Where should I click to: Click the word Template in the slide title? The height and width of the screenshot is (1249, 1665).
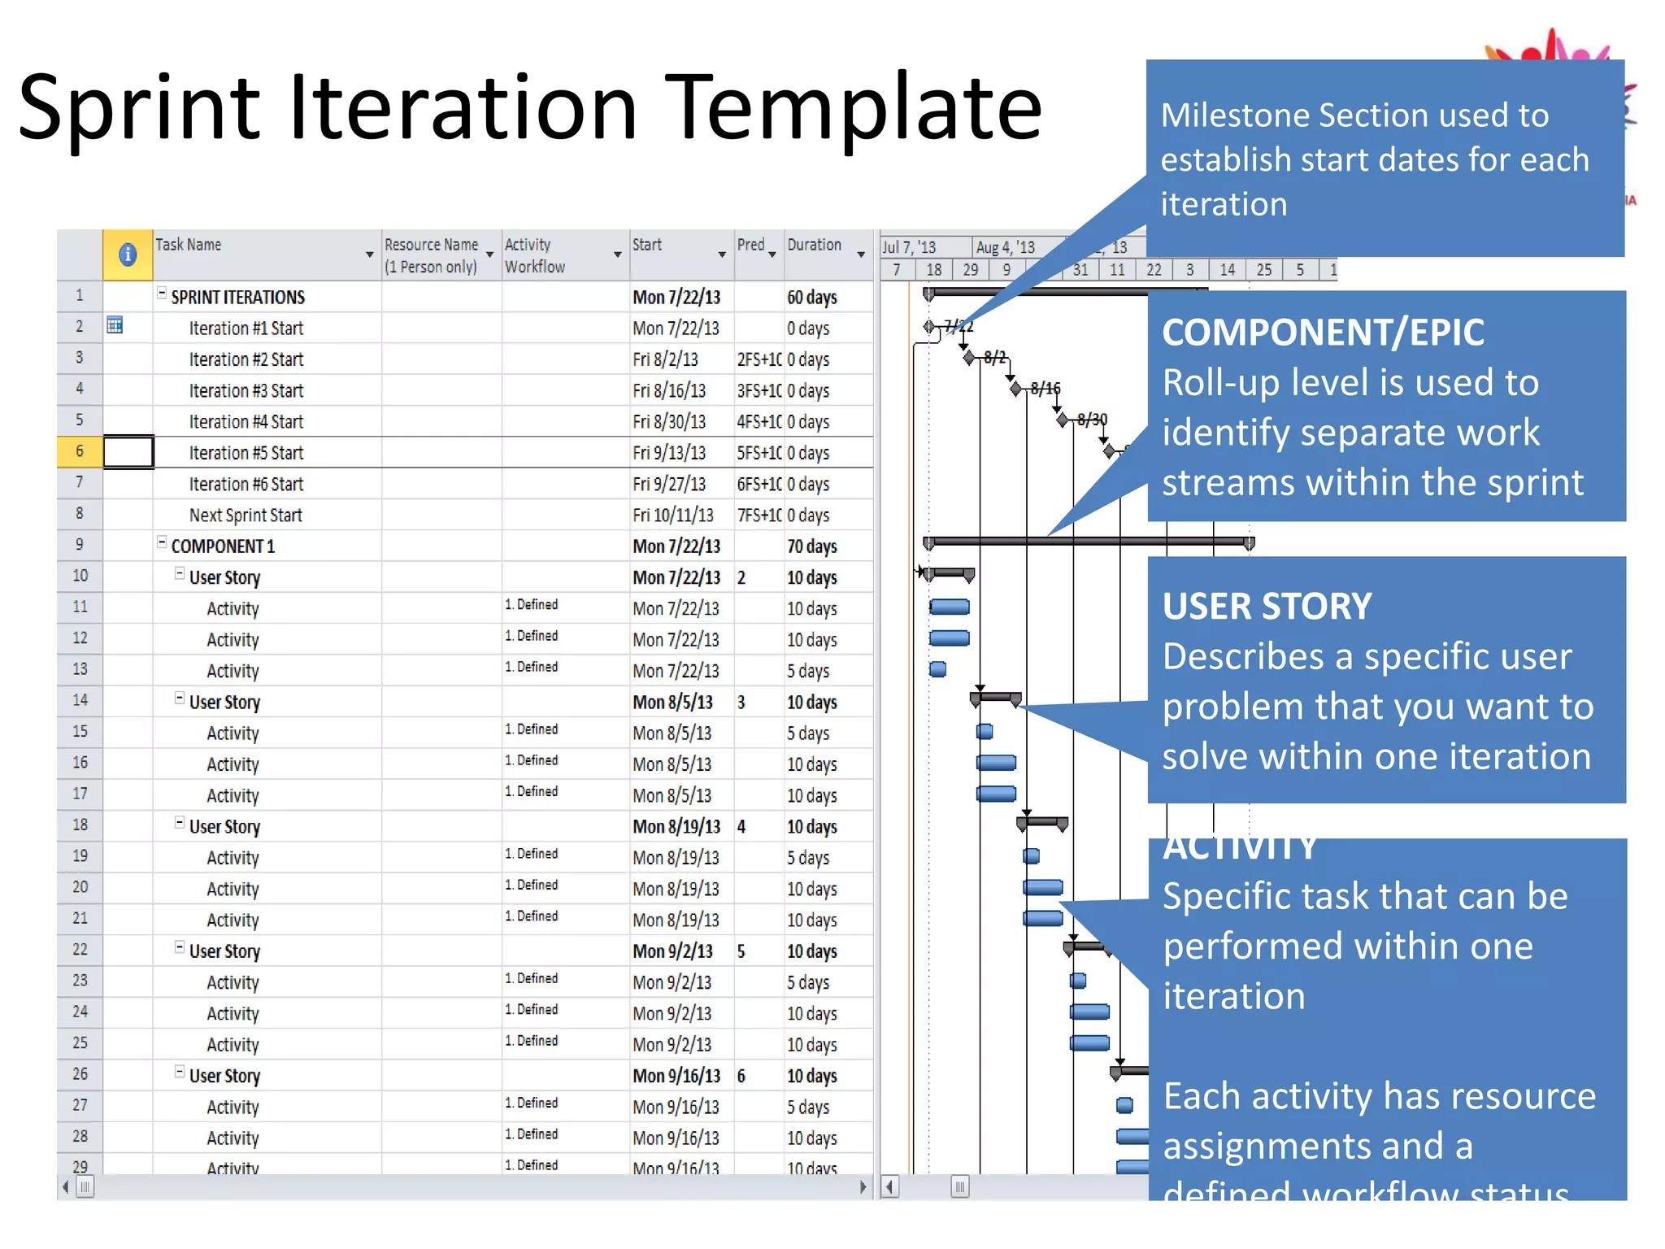pyautogui.click(x=853, y=108)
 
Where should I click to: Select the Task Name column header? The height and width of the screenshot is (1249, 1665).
pyautogui.click(x=189, y=245)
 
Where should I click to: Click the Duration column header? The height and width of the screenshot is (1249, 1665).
pyautogui.click(x=814, y=245)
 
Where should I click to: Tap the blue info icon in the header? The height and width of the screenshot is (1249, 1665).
pyautogui.click(x=128, y=255)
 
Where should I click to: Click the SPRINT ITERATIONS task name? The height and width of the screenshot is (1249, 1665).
pyautogui.click(x=237, y=298)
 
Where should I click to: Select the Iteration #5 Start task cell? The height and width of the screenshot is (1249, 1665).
pyautogui.click(x=246, y=453)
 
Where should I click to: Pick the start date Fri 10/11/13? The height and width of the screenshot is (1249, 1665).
pyautogui.click(x=673, y=516)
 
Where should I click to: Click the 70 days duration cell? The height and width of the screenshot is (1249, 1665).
pyautogui.click(x=811, y=546)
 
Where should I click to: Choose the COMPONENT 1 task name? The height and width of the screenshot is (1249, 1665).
pyautogui.click(x=223, y=546)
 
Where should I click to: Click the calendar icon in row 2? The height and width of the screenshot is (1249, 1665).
pyautogui.click(x=115, y=325)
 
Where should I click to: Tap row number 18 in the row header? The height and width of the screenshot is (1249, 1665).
pyautogui.click(x=80, y=825)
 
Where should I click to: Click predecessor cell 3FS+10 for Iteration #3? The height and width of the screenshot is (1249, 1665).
pyautogui.click(x=759, y=391)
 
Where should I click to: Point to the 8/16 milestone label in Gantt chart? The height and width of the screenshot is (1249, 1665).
pyautogui.click(x=1046, y=388)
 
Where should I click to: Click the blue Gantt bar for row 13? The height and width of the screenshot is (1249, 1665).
pyautogui.click(x=938, y=669)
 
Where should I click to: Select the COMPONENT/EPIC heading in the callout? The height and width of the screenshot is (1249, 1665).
pyautogui.click(x=1323, y=333)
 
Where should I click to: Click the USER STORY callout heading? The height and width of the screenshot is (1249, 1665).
pyautogui.click(x=1267, y=607)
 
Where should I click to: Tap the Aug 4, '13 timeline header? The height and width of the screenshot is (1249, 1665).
pyautogui.click(x=1005, y=247)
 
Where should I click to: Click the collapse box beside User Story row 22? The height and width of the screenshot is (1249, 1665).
pyautogui.click(x=180, y=947)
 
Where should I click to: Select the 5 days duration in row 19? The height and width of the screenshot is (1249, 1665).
pyautogui.click(x=808, y=858)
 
